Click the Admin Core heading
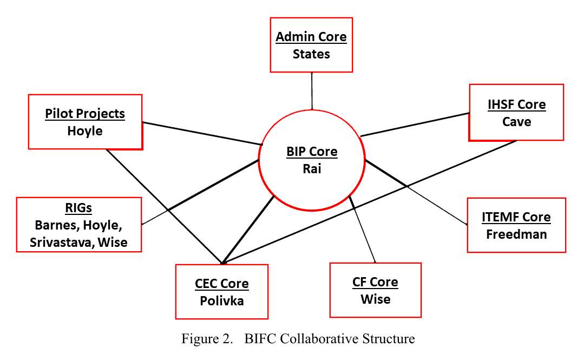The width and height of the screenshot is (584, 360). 311,37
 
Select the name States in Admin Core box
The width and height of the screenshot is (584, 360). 311,54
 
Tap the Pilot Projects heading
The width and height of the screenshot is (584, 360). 85,114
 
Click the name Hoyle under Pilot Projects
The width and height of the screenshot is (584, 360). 85,131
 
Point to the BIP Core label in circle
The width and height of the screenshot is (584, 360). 312,152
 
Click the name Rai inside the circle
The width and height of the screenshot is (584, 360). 312,169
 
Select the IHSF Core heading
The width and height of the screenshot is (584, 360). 516,104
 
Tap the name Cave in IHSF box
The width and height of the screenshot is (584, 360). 516,122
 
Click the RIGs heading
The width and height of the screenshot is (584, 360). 79,208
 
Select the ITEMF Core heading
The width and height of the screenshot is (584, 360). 516,217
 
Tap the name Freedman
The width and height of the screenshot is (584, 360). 516,234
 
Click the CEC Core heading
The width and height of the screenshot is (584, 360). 222,284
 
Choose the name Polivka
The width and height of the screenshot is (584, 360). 222,301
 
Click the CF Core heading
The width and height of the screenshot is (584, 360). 375,282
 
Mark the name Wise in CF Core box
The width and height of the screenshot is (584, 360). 375,299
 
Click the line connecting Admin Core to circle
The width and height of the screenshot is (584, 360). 312,90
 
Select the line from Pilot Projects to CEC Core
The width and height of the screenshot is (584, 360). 162,206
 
